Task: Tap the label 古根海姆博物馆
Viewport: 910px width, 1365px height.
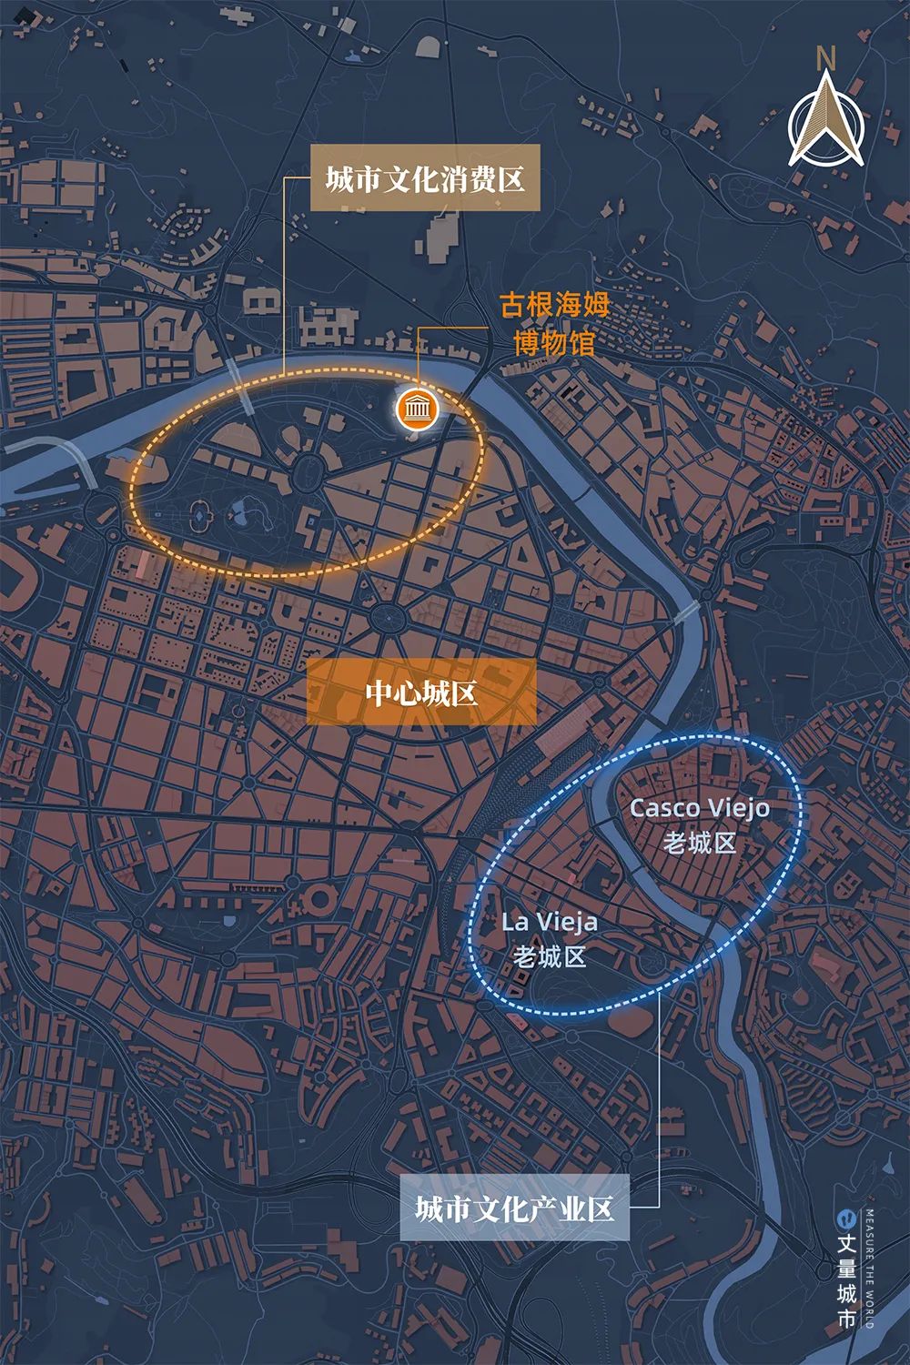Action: click(x=553, y=324)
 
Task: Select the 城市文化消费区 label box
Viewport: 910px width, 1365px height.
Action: click(x=425, y=178)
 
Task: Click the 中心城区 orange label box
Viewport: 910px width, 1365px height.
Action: click(x=421, y=693)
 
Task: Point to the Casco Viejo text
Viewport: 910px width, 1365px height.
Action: click(x=699, y=807)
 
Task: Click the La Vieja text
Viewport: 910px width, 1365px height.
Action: click(x=550, y=922)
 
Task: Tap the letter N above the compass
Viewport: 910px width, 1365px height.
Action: click(x=826, y=57)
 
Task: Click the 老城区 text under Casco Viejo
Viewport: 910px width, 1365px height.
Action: click(x=699, y=843)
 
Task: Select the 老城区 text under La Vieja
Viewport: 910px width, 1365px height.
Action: click(x=550, y=956)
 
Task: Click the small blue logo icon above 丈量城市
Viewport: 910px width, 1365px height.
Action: click(x=847, y=1217)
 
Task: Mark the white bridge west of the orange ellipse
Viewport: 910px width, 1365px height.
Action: click(x=234, y=372)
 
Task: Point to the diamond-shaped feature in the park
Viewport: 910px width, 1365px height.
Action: click(x=198, y=519)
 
